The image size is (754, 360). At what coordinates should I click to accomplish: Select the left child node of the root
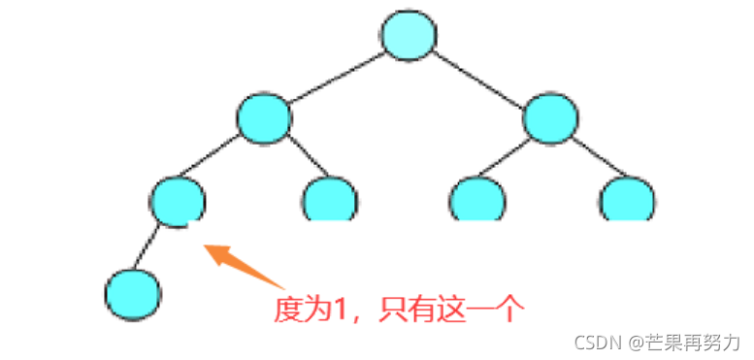(264, 118)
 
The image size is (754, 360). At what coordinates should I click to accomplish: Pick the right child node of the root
(550, 118)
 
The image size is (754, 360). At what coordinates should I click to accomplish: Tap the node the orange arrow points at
(178, 200)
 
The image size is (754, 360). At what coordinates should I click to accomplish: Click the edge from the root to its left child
(336, 77)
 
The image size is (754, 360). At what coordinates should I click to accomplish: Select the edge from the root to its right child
(479, 77)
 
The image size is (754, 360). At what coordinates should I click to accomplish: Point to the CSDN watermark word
(594, 342)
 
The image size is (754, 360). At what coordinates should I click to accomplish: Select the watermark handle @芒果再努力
(684, 342)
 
